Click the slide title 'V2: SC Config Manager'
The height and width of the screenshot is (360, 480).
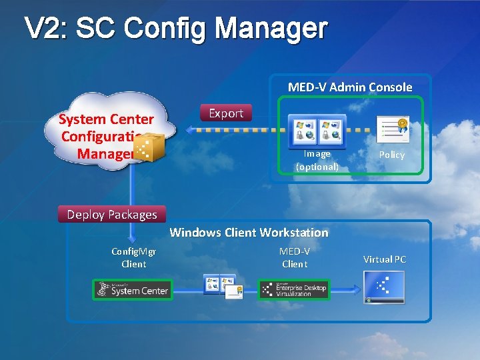176,29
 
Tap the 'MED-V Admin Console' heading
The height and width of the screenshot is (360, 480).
350,87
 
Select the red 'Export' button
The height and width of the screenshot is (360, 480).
226,113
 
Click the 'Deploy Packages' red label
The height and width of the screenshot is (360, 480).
112,214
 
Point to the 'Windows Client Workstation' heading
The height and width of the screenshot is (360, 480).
249,233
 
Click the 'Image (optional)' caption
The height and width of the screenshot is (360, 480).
317,160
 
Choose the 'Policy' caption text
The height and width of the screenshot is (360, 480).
392,155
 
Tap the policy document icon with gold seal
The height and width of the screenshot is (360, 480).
393,130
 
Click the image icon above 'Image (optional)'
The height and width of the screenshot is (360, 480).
317,129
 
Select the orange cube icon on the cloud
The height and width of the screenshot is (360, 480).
151,147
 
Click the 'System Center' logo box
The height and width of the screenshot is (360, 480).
132,289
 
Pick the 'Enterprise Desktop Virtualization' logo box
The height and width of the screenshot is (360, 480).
294,289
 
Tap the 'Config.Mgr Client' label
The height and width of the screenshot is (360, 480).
133,257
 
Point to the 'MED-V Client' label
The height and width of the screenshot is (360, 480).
295,257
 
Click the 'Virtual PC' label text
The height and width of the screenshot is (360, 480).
384,259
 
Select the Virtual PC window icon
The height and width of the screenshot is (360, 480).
384,288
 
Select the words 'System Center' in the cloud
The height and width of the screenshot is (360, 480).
106,120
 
